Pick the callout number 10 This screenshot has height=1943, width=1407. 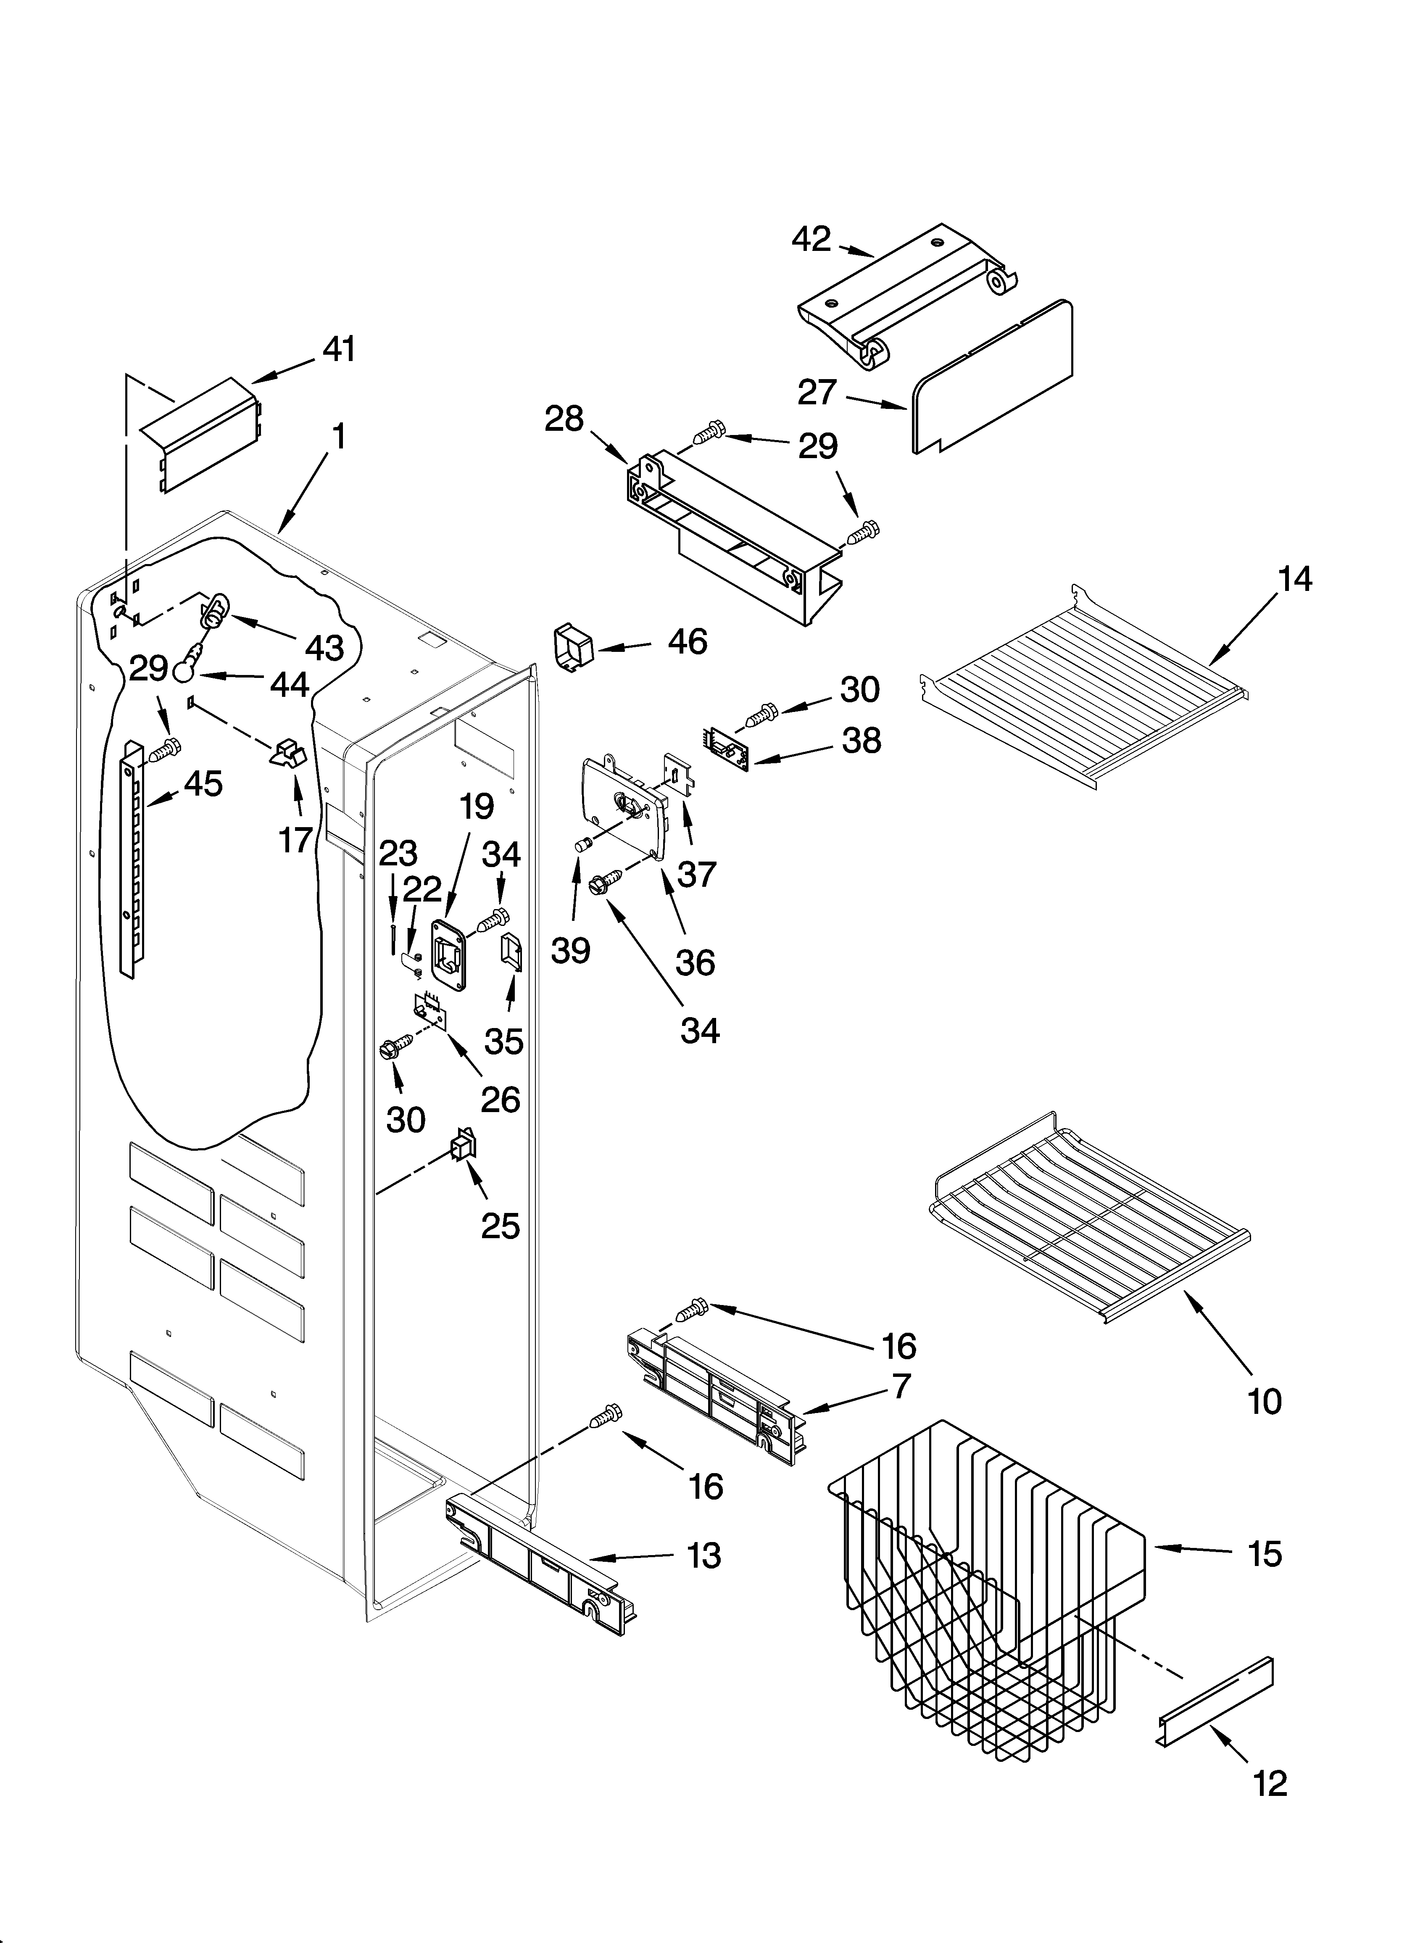[1265, 1402]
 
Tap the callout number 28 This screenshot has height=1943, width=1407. [564, 420]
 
